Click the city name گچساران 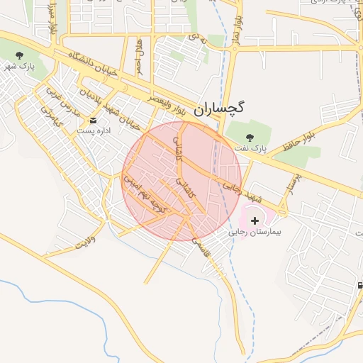(222, 107)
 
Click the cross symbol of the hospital (255, 221)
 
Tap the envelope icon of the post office (92, 120)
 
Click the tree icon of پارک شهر (19, 55)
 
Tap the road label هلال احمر (141, 57)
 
